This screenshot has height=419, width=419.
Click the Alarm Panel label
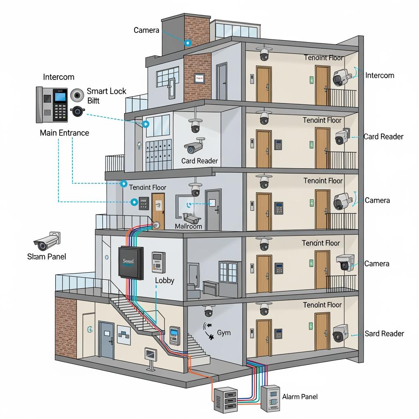coord(300,396)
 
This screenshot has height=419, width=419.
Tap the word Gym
coord(223,333)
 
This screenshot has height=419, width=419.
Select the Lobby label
coord(164,281)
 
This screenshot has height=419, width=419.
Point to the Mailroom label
coord(188,226)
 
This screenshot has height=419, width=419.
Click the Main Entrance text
coord(64,133)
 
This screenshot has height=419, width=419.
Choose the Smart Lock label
coord(106,91)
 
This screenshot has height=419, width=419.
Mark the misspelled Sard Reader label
coord(384,333)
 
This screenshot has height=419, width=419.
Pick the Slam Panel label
coord(46,257)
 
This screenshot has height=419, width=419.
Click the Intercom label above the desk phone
coord(59,77)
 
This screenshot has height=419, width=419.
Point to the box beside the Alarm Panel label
coord(270,398)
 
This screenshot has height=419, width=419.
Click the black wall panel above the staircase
coord(131,264)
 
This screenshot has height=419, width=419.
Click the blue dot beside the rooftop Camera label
coord(188,43)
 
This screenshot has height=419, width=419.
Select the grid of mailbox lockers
coord(158,155)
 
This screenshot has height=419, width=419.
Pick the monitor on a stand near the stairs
coord(150,356)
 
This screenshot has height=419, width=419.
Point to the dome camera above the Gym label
coord(209,311)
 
